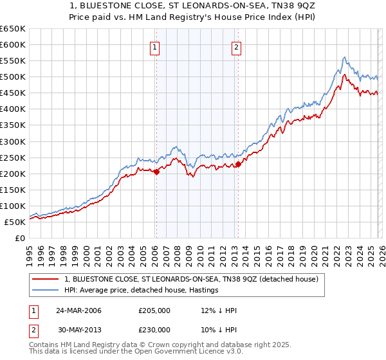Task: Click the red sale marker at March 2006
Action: click(x=156, y=172)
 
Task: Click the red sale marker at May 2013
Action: click(x=238, y=164)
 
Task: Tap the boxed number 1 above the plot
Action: click(x=156, y=46)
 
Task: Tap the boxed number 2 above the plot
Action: click(x=237, y=46)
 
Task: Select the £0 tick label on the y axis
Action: click(x=20, y=239)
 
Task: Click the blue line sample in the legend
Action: click(x=46, y=291)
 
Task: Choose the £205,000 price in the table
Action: click(x=154, y=310)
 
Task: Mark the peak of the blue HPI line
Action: click(x=345, y=57)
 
